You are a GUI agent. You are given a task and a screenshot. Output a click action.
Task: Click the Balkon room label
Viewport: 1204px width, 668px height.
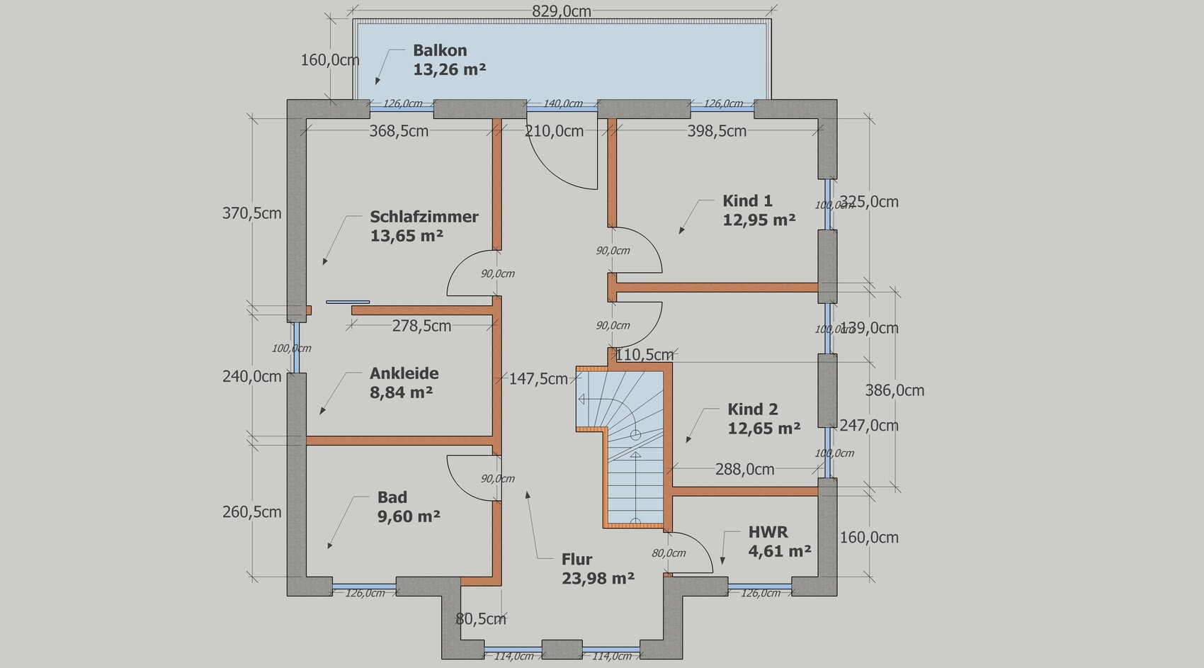pos(440,50)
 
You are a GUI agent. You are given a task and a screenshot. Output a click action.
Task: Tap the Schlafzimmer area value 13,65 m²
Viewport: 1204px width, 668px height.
pos(407,236)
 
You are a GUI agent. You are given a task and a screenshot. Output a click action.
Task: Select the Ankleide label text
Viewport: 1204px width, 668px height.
pos(404,373)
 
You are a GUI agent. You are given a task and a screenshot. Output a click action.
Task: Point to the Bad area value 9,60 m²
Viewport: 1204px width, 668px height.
pos(409,516)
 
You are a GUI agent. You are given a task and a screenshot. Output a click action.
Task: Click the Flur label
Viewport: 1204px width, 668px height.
pos(577,560)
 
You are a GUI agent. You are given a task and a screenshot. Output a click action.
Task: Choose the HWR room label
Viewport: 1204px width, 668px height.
pos(768,532)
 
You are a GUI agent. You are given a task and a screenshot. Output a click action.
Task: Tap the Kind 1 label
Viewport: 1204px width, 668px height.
pos(747,201)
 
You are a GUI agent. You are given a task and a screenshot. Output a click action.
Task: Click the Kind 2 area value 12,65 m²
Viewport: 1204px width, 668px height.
pos(763,429)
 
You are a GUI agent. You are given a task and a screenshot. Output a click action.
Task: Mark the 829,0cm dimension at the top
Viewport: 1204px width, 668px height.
pos(562,11)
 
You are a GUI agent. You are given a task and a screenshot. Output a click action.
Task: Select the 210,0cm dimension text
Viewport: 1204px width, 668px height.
pos(554,131)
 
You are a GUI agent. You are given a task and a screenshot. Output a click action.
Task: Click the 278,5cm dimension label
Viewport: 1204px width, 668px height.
pos(421,326)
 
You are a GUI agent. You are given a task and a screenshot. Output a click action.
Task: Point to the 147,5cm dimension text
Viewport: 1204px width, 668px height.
pos(538,379)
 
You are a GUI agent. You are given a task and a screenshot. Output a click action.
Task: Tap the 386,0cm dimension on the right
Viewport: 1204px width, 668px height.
pos(895,391)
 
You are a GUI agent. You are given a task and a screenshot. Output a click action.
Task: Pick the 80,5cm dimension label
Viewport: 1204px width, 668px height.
pos(480,619)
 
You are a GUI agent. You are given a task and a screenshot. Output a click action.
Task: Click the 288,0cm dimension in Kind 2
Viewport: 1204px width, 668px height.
pos(744,470)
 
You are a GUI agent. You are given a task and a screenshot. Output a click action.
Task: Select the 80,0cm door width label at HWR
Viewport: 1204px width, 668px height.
pos(669,553)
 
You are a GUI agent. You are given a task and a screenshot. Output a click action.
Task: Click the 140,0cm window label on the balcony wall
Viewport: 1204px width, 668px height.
pos(563,103)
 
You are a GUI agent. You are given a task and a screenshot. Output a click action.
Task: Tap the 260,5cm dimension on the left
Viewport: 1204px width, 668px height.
pos(251,512)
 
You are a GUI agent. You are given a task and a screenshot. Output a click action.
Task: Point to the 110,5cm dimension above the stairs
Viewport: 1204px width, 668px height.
pos(644,355)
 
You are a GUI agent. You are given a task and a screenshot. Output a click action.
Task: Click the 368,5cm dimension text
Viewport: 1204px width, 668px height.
pos(399,131)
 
